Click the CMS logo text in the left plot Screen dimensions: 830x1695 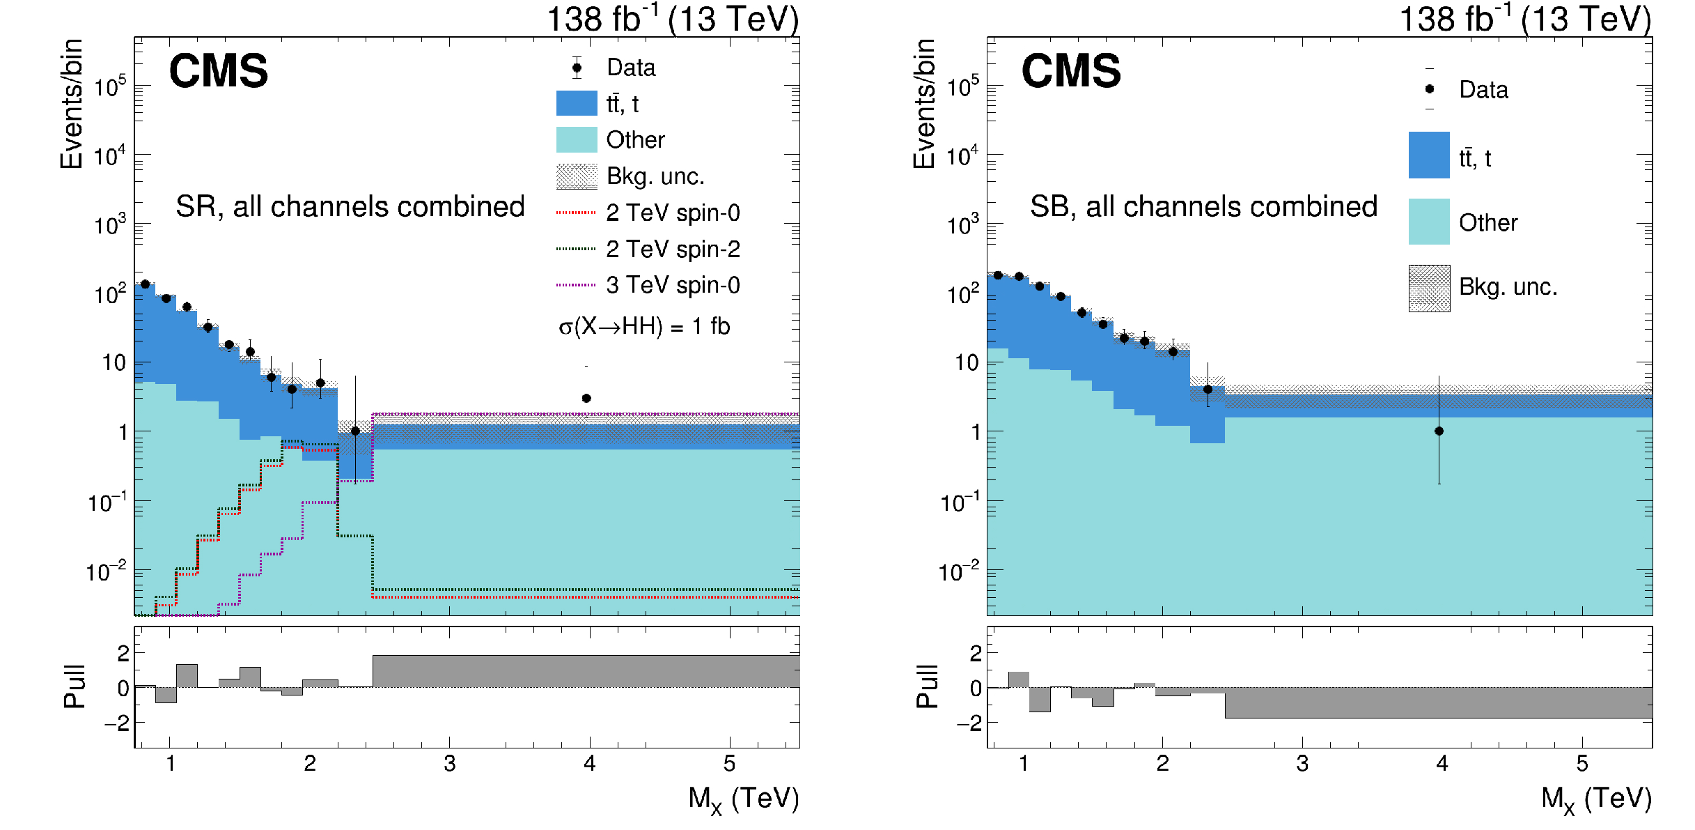coord(219,71)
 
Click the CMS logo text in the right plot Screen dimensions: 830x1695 coord(1071,71)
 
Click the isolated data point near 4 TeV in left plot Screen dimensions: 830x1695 coord(586,399)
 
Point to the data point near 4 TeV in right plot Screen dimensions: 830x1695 coord(1439,431)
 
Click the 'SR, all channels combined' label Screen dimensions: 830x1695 coord(350,207)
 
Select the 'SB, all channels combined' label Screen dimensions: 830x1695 coord(1203,207)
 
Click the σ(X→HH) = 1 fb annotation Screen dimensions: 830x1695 coord(644,326)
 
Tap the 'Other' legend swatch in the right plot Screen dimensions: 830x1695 coord(1429,222)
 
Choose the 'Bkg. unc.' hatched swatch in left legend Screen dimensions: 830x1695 coord(577,176)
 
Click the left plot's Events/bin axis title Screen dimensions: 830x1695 coord(72,104)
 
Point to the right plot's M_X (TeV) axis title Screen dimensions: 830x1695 coord(1596,799)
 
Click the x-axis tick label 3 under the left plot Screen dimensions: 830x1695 coord(450,764)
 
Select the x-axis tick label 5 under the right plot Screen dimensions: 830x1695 coord(1582,764)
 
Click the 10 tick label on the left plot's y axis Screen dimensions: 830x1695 coord(114,363)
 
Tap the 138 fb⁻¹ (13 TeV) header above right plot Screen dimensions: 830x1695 coord(1525,19)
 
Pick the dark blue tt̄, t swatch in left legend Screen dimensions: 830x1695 coord(577,103)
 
